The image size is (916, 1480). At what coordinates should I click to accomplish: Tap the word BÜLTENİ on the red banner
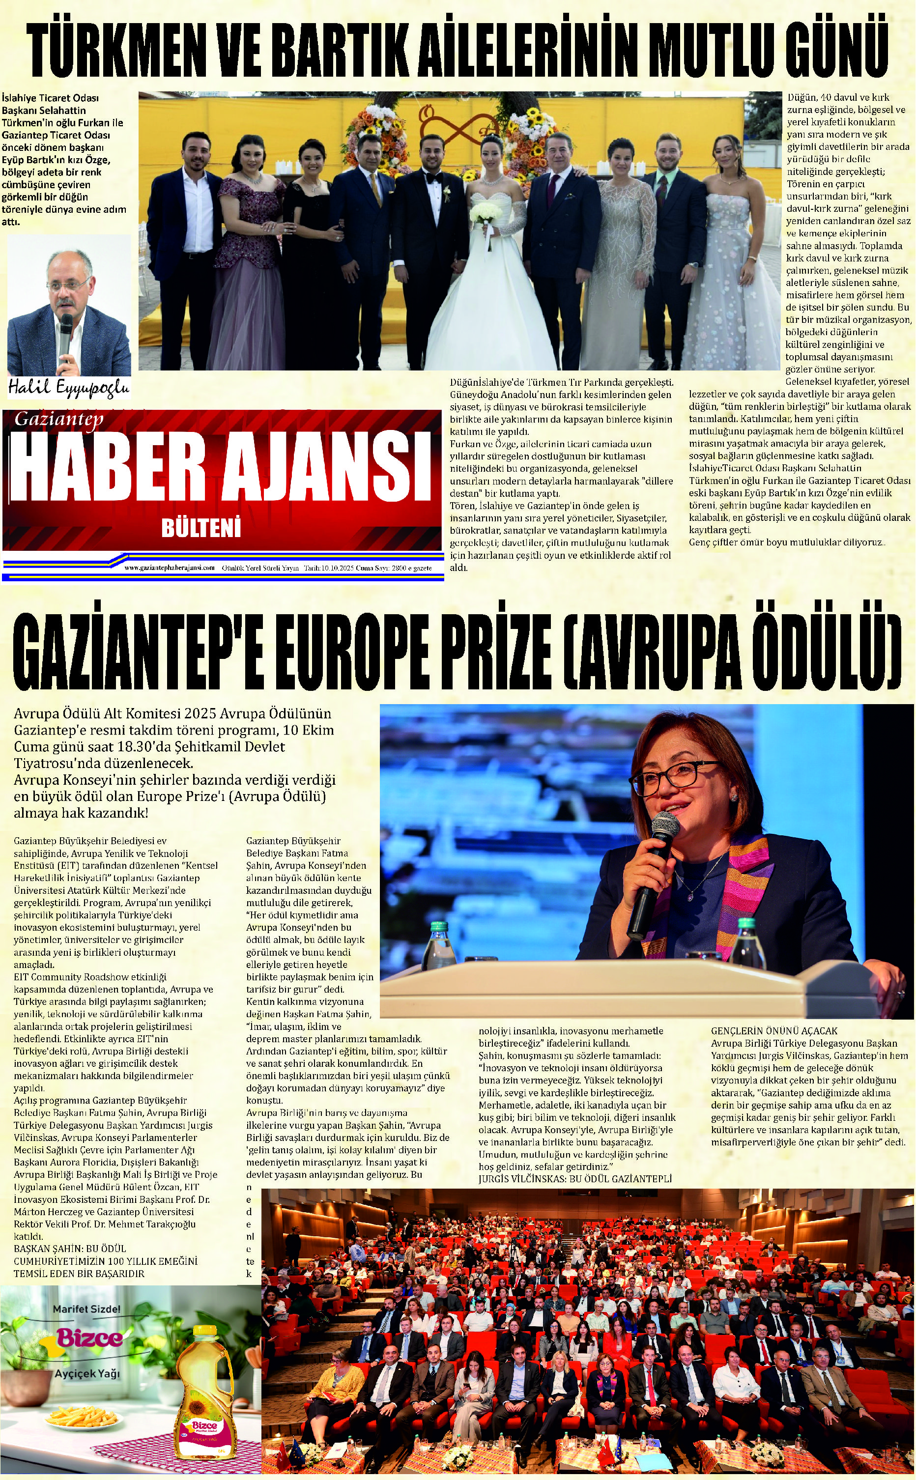200,527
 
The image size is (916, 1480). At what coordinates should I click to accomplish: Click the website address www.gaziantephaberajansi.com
169,568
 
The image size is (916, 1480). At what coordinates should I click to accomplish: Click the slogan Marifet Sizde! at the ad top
86,1309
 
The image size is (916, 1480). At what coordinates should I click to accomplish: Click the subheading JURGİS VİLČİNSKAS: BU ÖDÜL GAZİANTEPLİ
574,1178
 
